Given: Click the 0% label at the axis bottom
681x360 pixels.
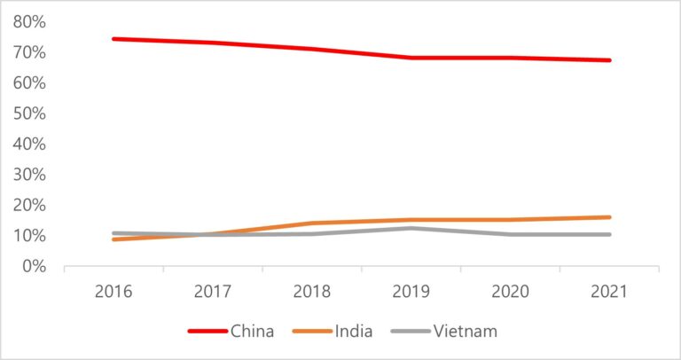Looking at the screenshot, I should pyautogui.click(x=36, y=266).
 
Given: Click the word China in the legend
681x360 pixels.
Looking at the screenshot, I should pyautogui.click(x=252, y=332).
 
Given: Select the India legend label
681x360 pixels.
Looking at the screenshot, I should pyautogui.click(x=355, y=332).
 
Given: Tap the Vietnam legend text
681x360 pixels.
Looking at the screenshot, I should pyautogui.click(x=466, y=332).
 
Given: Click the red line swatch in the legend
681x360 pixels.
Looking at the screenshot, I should pyautogui.click(x=207, y=332).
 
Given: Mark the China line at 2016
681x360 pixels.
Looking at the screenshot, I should pyautogui.click(x=113, y=39).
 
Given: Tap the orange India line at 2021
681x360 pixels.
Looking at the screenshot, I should pyautogui.click(x=609, y=217).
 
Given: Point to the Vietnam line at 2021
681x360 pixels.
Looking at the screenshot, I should pyautogui.click(x=609, y=234).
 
